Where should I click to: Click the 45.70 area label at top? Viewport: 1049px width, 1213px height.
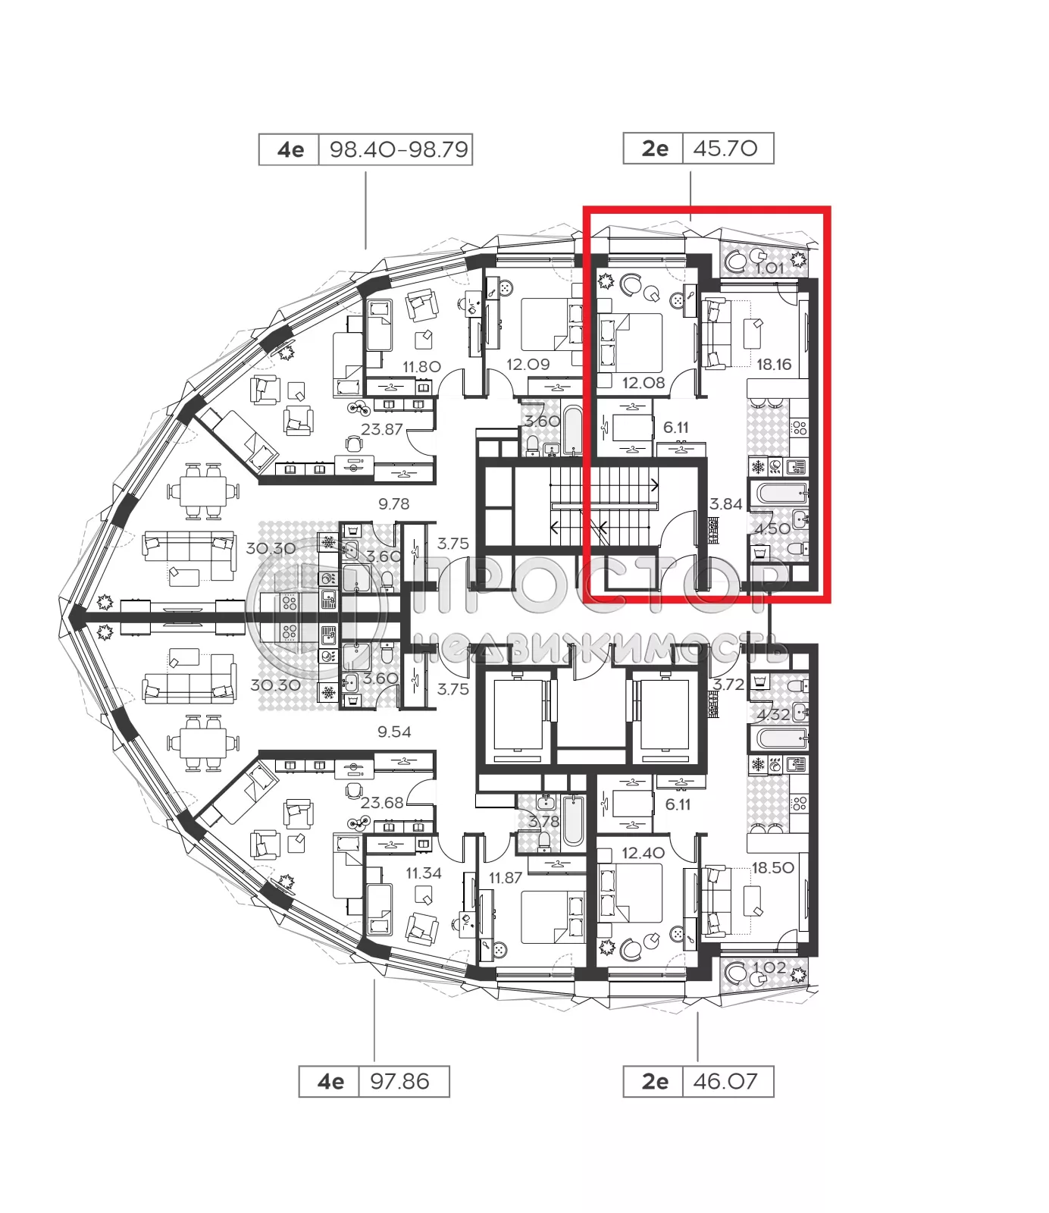coord(725,149)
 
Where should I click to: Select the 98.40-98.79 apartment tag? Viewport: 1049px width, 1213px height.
coord(399,149)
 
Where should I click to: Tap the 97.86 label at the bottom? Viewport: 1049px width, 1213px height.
coord(399,1081)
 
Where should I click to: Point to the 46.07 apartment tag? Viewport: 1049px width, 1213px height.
coord(725,1081)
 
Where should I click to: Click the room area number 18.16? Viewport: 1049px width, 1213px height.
coord(773,365)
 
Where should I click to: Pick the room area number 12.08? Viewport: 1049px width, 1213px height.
coord(643,383)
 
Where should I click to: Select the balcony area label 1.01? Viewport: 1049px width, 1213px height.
coord(769,268)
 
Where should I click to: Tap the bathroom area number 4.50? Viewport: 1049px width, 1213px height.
coord(772,528)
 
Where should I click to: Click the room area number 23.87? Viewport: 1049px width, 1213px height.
coord(381,429)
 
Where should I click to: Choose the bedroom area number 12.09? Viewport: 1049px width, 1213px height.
coord(528,365)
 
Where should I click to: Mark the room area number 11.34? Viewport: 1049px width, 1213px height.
coord(423,873)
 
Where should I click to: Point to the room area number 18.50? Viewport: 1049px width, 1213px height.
coord(772,868)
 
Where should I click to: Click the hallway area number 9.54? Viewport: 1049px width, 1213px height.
coord(394,732)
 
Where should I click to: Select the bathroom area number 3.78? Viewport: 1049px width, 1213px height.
coord(543,822)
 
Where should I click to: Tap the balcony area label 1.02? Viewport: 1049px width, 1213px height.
coord(769,968)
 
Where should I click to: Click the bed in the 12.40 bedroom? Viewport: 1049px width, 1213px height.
coord(631,893)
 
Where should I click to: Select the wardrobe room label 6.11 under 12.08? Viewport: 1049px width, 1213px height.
coord(675,428)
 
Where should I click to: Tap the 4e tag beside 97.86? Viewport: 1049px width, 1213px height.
coord(330,1081)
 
